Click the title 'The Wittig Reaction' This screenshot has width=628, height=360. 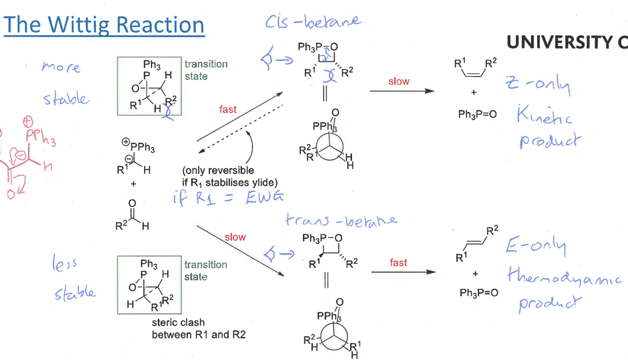point(104,24)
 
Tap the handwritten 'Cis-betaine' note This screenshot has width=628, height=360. point(313,22)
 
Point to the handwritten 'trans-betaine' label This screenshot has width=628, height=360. point(341,221)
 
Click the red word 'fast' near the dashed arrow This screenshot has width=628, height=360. point(228,109)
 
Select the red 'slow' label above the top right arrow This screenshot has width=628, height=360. point(399,81)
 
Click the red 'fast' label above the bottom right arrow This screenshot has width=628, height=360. point(399,262)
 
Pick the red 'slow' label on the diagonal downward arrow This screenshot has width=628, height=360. point(235,237)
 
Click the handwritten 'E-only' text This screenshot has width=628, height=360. point(535,247)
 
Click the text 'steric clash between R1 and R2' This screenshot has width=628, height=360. point(199,329)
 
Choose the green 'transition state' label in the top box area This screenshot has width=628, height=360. point(206,70)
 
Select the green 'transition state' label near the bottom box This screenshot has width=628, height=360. point(206,271)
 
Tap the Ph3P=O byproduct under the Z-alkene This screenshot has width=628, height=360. point(477,114)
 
